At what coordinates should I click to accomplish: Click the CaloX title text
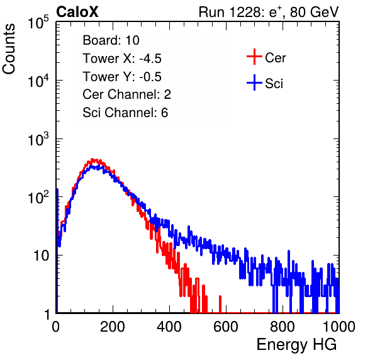77,12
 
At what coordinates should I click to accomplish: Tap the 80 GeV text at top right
314,12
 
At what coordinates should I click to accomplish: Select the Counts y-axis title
9,49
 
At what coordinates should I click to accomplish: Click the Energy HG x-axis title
296,344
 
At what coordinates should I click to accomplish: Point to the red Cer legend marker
254,57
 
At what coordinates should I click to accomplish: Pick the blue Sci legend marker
254,82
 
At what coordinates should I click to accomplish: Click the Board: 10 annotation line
111,40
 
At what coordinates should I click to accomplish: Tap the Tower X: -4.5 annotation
122,59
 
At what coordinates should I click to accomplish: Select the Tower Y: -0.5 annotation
122,77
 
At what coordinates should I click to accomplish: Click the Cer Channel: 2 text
126,94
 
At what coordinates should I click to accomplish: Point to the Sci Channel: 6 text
125,113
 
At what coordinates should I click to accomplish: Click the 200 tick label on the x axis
113,327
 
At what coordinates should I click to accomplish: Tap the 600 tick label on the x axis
226,327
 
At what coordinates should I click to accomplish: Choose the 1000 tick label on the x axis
339,327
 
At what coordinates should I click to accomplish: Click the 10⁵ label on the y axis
38,23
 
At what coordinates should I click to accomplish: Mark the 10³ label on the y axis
38,139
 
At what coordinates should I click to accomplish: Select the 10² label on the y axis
38,198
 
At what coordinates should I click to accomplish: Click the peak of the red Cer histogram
94,160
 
